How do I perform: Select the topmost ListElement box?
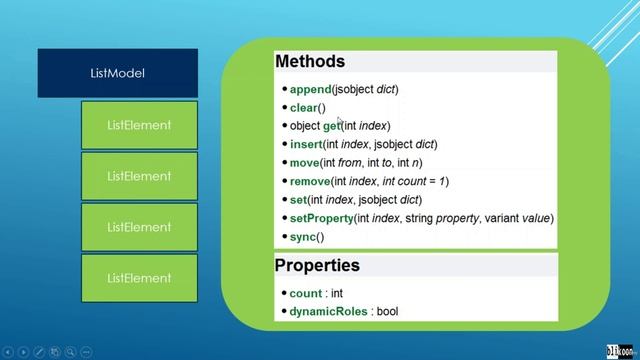pos(139,125)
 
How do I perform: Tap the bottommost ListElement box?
pos(139,277)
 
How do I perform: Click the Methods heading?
pos(310,62)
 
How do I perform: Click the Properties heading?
pos(317,266)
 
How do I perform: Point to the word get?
pos(331,126)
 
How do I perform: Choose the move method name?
pos(305,163)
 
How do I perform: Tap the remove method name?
pos(311,181)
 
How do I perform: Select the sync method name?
pos(302,237)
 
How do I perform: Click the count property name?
pos(305,294)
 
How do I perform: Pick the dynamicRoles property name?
pos(329,312)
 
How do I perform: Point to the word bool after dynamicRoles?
pos(387,312)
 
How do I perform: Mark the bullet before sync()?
pos(284,237)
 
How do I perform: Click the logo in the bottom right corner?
pos(619,349)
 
